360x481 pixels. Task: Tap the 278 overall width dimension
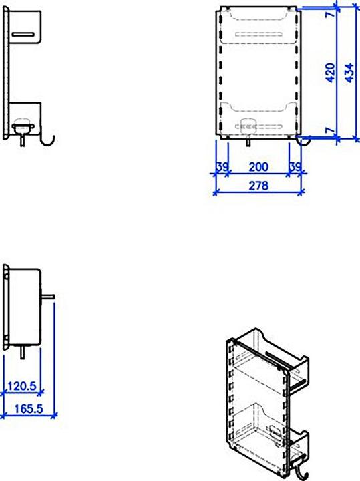pos(258,186)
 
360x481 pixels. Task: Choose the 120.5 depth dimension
pos(23,385)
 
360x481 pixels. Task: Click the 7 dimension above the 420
pos(329,15)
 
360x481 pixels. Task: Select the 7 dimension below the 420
pos(329,131)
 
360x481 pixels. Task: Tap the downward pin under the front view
pos(249,141)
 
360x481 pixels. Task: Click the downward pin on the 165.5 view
pos(23,352)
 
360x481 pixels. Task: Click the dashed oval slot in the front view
pos(247,124)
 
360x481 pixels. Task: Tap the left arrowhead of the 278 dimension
pos(216,193)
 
